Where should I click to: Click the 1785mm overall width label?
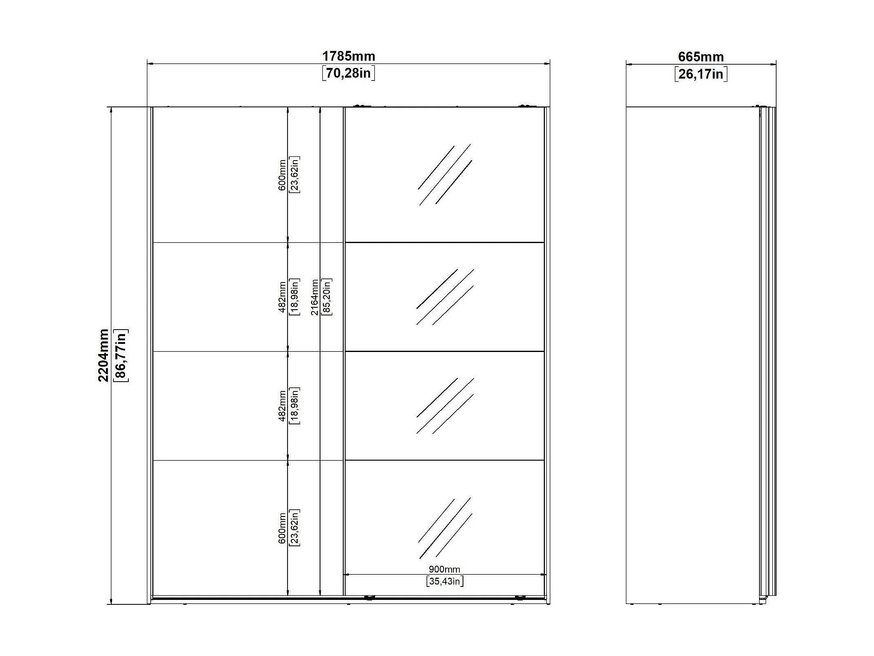tap(348, 56)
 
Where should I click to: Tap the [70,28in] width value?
tap(348, 73)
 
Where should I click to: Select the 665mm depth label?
tap(701, 56)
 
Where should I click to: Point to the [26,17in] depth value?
tap(701, 74)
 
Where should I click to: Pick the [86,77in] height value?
tap(121, 355)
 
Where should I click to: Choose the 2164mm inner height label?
tap(314, 297)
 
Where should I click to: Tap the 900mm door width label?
tap(444, 569)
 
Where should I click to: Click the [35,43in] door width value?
tap(445, 581)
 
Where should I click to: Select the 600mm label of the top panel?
tap(282, 175)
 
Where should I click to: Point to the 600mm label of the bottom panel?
tap(282, 528)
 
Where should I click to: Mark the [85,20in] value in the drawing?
tap(326, 297)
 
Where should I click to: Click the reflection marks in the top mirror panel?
tap(445, 175)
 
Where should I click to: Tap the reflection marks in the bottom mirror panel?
tap(445, 528)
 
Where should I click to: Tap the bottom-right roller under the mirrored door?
tap(519, 597)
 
